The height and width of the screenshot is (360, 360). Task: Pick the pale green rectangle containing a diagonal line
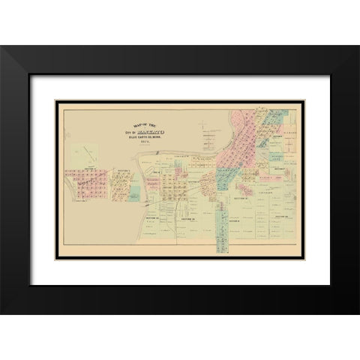(88, 153)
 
